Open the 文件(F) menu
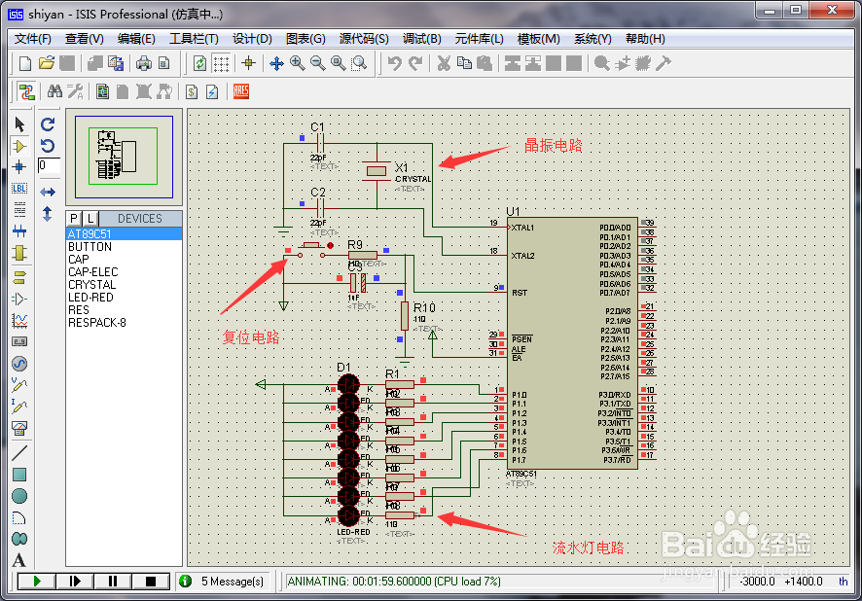point(32,39)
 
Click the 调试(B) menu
point(421,39)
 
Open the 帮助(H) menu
point(645,39)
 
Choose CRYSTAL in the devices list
point(92,285)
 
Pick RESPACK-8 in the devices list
point(97,323)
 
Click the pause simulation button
point(113,581)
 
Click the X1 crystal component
point(377,170)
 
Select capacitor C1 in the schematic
point(318,143)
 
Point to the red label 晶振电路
point(554,146)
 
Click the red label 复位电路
point(251,337)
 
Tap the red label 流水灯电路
point(589,548)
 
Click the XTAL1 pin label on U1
point(522,227)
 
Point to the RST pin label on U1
point(520,292)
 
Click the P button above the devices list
point(74,218)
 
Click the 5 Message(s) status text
point(233,582)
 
